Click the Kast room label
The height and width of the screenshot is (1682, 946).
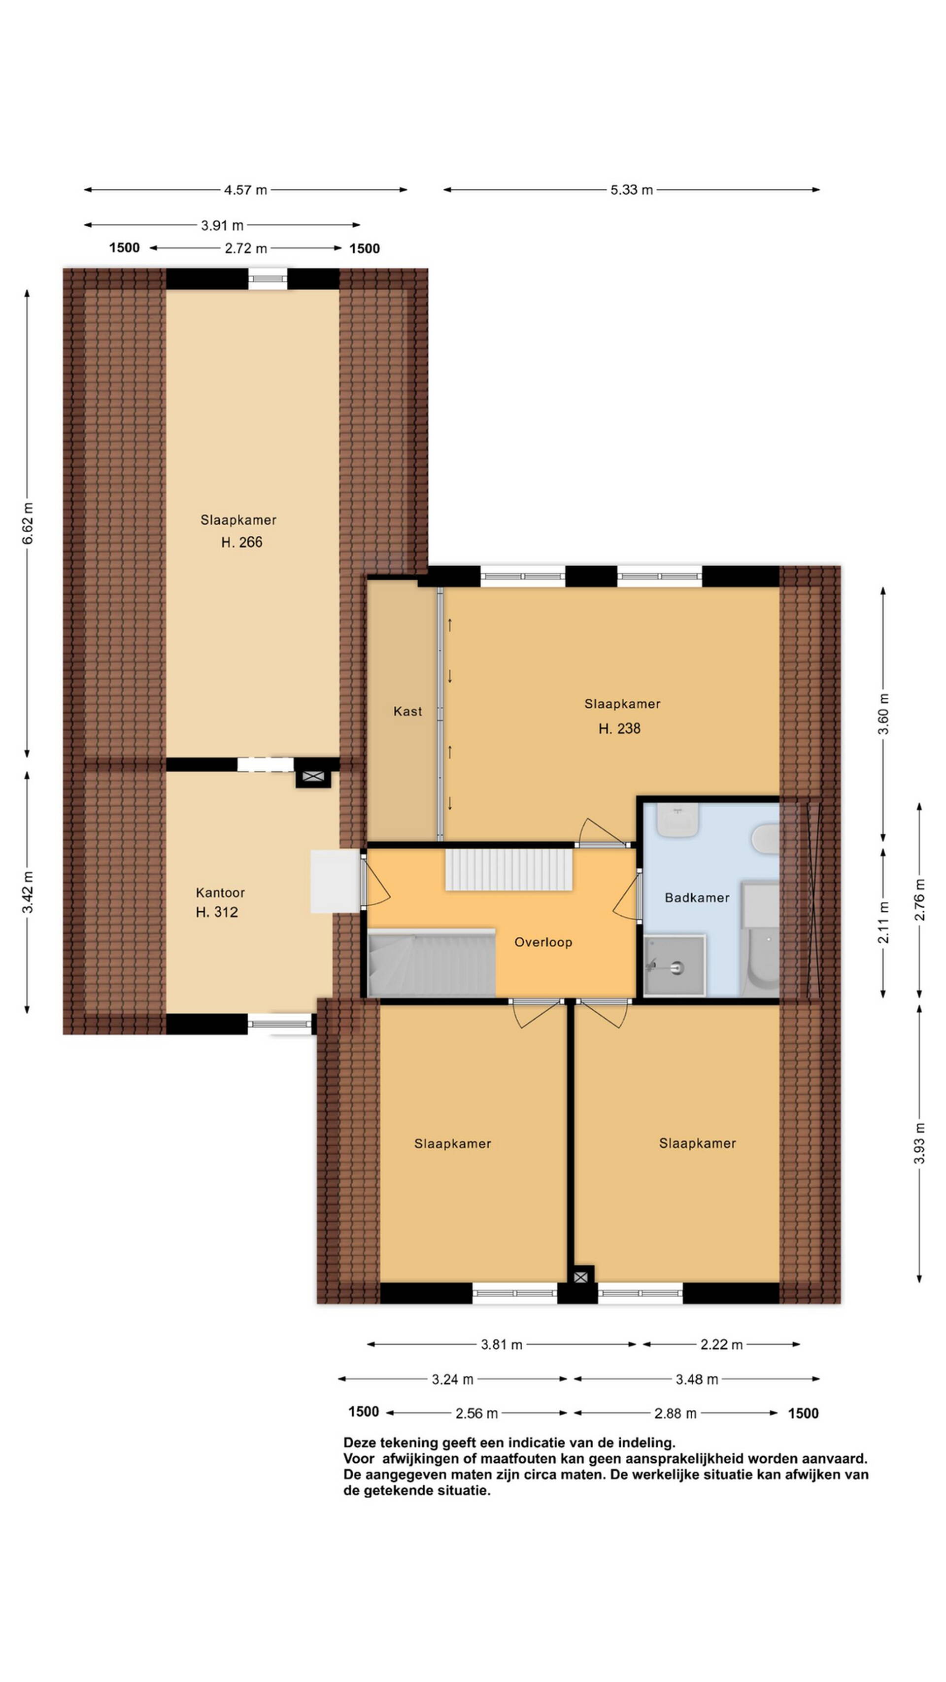(x=407, y=711)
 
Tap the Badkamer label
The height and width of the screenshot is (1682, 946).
(x=697, y=898)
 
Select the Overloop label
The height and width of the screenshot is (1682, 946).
(x=543, y=942)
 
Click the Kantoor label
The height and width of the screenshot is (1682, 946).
(x=220, y=892)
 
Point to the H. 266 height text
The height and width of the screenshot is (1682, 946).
(x=241, y=542)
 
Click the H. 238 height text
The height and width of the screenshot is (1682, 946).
(x=619, y=729)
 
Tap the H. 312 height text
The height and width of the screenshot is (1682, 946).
(x=217, y=912)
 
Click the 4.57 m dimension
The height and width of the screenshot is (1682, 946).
(x=245, y=190)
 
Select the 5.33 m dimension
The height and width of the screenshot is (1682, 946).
(x=631, y=190)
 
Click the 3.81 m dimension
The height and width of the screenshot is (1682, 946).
(x=502, y=1344)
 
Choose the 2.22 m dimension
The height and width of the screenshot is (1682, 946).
(x=721, y=1344)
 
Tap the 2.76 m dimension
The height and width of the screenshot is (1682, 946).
(x=919, y=900)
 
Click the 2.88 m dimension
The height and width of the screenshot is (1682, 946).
(x=676, y=1413)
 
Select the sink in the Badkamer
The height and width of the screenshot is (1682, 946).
(x=677, y=820)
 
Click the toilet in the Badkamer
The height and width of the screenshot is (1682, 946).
(x=766, y=838)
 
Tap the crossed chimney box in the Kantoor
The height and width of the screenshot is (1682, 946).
(x=313, y=776)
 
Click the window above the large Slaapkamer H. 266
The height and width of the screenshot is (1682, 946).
(x=268, y=279)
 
